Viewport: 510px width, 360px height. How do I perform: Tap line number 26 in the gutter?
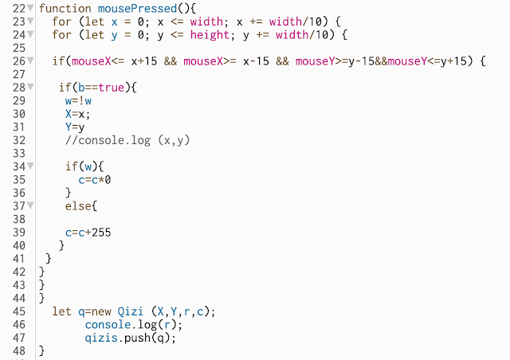[x=19, y=61]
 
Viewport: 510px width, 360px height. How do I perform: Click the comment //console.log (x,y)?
[x=128, y=140]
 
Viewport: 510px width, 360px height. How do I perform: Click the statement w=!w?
[x=79, y=101]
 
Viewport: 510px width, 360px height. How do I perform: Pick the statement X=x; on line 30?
[x=79, y=114]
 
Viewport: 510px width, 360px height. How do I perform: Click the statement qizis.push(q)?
[x=130, y=337]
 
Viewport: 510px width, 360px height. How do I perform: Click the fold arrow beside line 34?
[x=33, y=166]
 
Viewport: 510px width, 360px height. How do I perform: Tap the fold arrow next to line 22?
[x=33, y=8]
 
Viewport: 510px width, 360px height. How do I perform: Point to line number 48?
[x=19, y=350]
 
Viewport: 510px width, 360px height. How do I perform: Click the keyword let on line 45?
[x=62, y=311]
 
